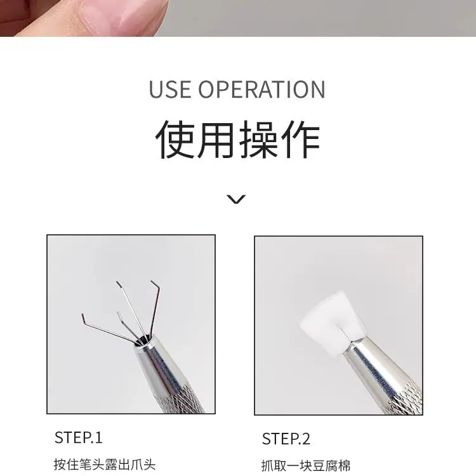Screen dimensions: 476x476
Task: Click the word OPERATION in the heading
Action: (261, 89)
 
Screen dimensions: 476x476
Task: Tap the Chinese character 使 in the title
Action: (175, 140)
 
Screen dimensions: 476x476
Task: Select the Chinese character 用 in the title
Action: (216, 140)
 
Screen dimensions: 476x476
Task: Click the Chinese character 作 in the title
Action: (301, 140)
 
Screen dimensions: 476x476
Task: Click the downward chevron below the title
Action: (236, 199)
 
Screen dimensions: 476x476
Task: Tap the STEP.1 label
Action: (78, 437)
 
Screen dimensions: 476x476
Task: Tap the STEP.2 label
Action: (286, 439)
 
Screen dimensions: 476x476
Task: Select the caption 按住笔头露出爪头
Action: (105, 465)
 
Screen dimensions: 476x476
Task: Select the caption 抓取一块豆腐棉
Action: (306, 466)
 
